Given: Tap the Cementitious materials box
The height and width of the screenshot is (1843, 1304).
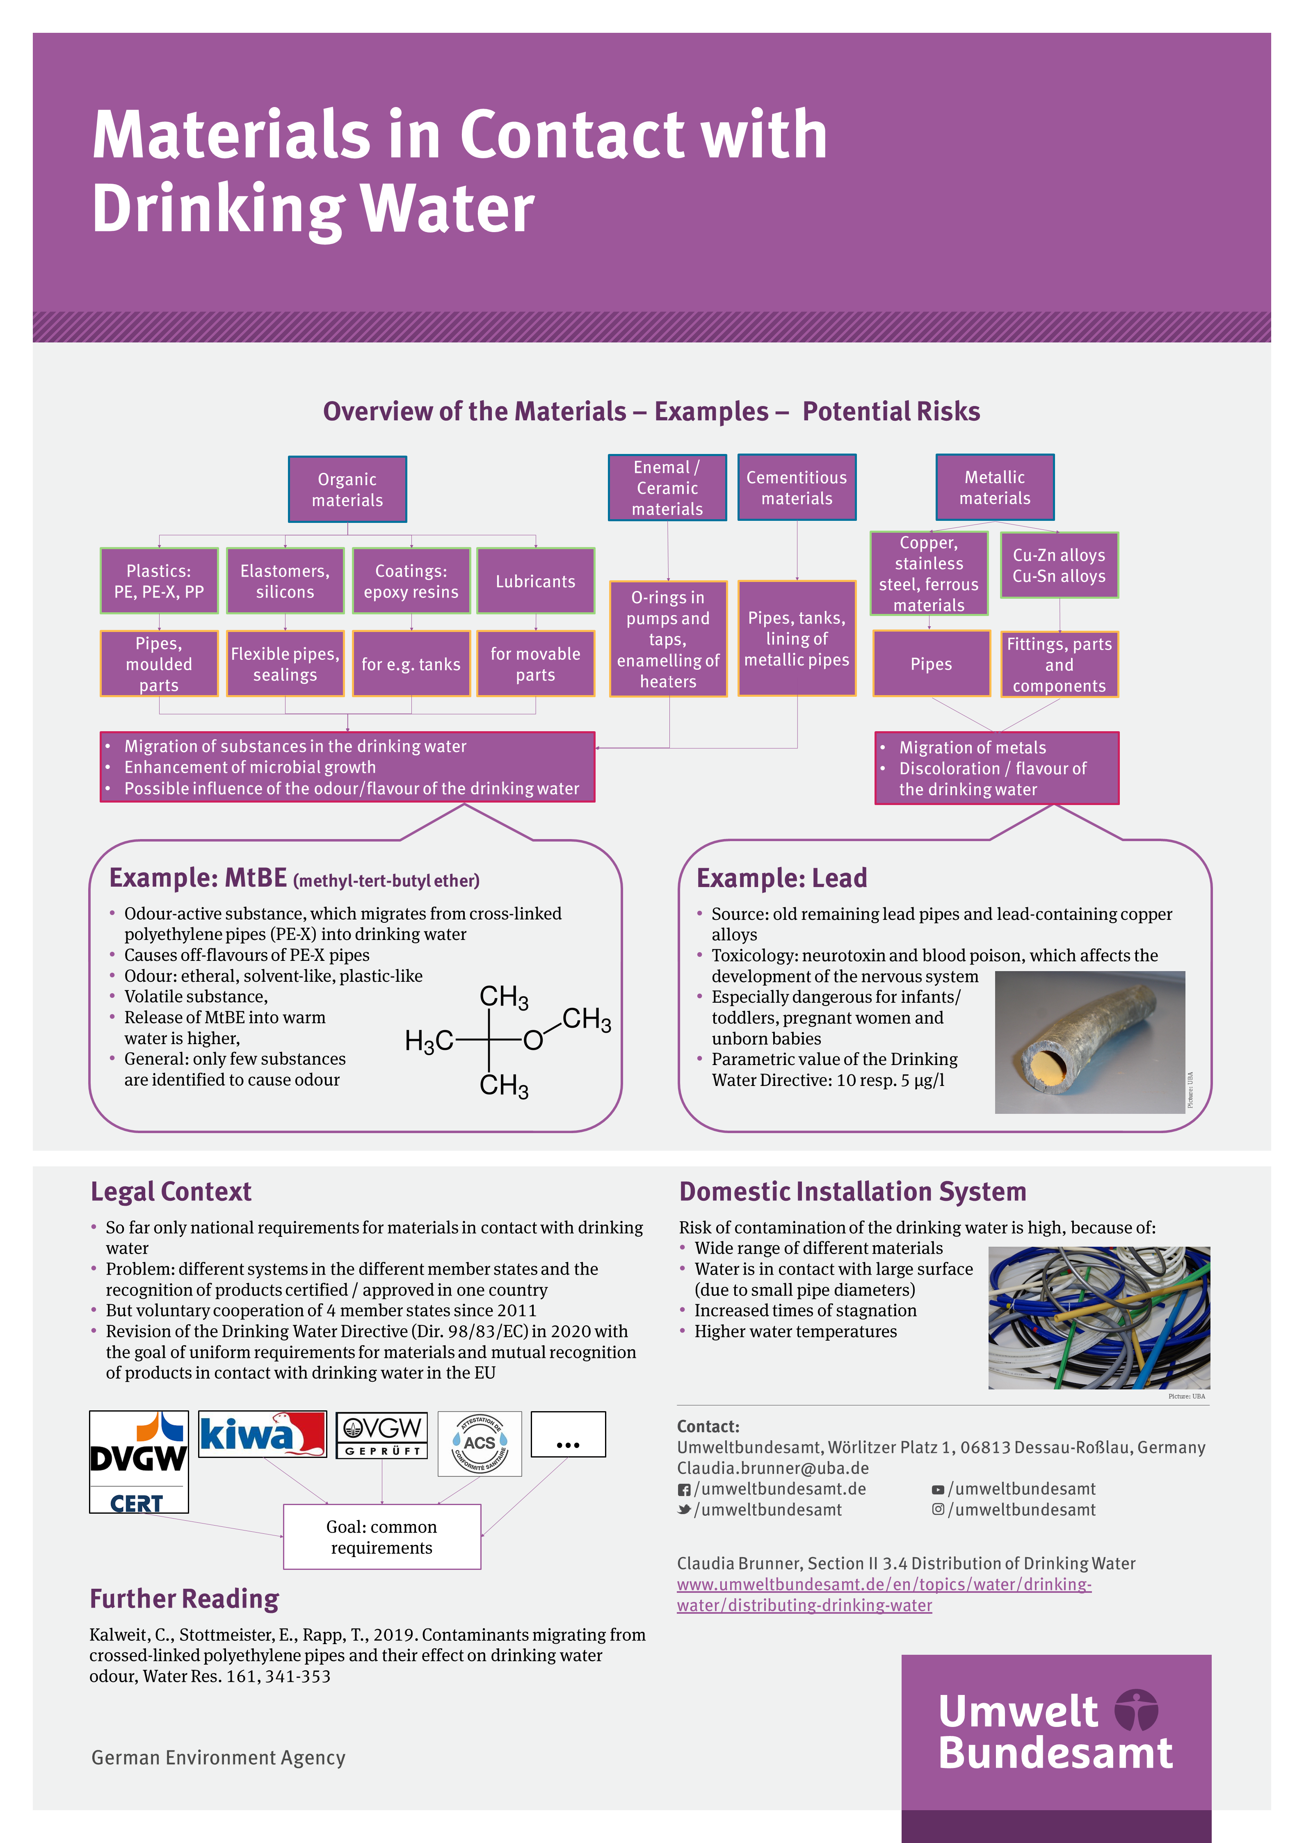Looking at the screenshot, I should [797, 487].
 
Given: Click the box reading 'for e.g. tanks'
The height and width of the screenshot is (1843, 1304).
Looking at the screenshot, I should [411, 664].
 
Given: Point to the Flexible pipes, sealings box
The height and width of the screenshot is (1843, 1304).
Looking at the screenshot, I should [285, 664].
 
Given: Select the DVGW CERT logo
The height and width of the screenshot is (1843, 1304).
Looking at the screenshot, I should [139, 1461].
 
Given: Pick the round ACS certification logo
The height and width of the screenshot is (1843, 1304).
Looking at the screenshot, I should [480, 1443].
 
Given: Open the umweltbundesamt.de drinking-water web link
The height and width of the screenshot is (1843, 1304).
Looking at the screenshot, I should [883, 1594].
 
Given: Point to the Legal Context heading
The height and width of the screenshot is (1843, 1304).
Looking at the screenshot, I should [171, 1191].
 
